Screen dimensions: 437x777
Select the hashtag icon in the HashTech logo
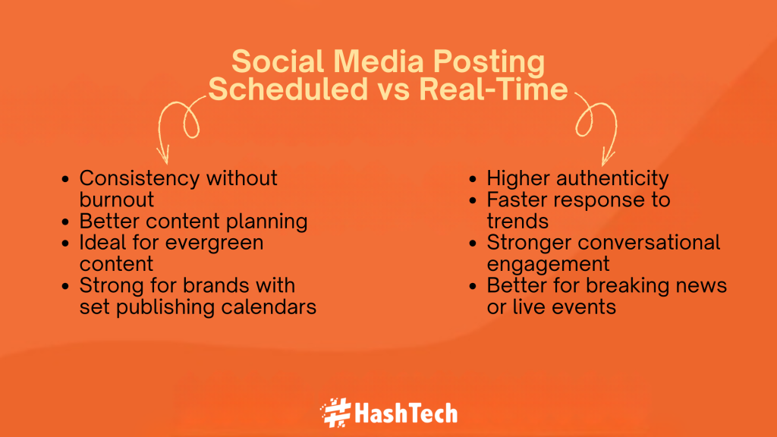(335, 413)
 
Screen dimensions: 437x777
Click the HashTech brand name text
(406, 413)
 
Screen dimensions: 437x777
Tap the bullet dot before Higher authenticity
(473, 180)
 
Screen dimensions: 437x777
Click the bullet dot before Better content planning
(66, 222)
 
